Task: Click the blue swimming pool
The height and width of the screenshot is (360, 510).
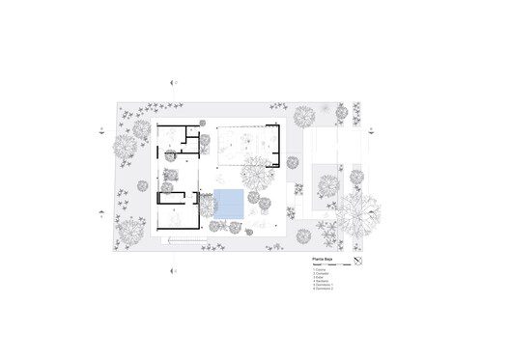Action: coord(228,204)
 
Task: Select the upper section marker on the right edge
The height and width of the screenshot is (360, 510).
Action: coord(373,127)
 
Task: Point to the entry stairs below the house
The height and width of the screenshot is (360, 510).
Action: coord(183,239)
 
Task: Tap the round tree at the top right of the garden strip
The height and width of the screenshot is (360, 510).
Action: coord(303,117)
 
